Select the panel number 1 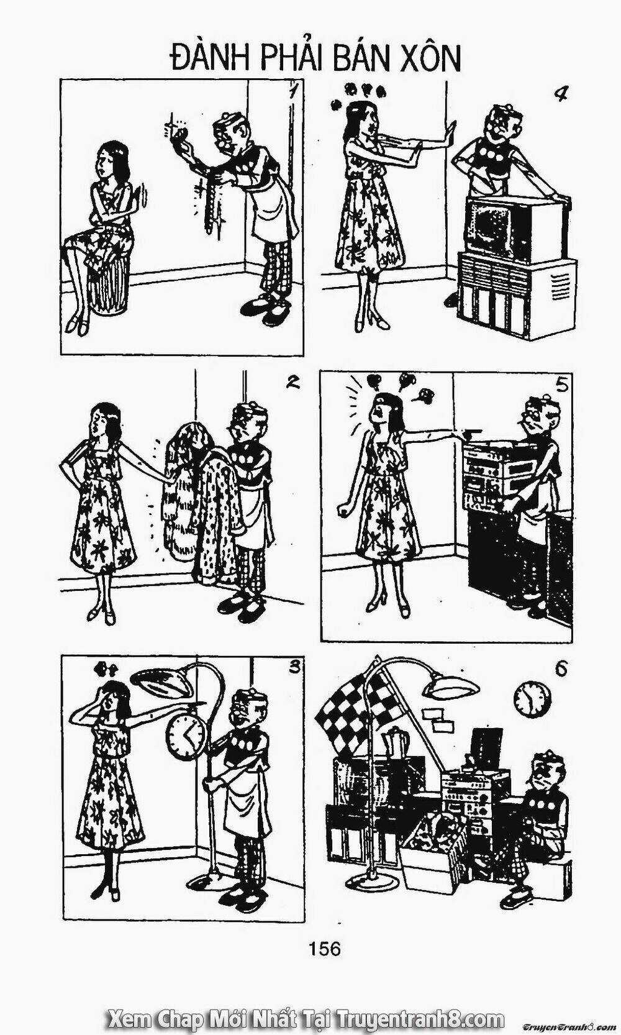292,94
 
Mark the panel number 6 561,668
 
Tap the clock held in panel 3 186,737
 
